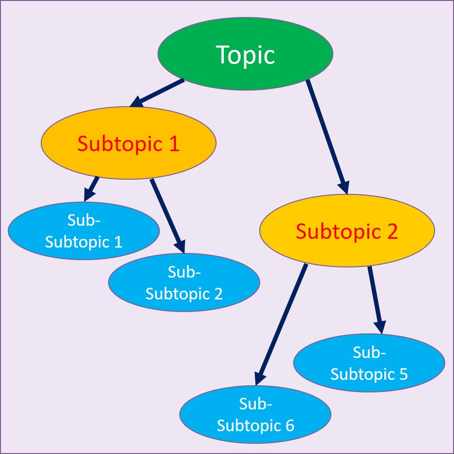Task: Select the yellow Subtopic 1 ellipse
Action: [x=128, y=160]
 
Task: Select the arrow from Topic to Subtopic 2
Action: [x=327, y=136]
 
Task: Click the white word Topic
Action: [x=245, y=54]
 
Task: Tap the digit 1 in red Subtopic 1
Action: [x=174, y=144]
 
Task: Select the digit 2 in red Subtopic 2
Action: [x=391, y=231]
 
